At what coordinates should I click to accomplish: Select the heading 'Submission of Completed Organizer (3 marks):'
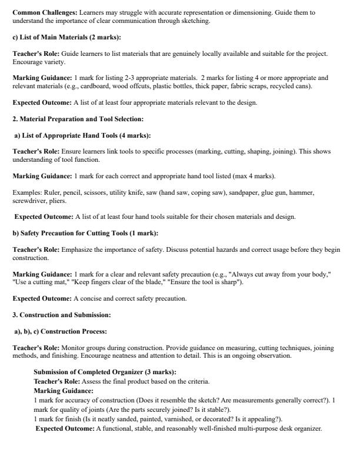(105, 372)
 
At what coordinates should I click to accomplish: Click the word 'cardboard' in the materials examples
(93, 86)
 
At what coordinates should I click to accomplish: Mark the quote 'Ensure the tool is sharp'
(209, 282)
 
